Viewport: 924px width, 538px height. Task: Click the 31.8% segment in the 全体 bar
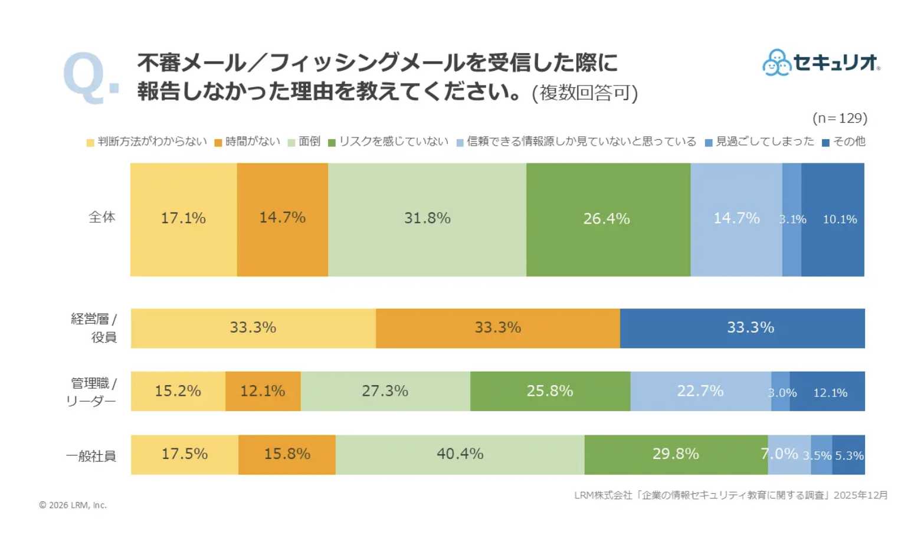click(x=427, y=219)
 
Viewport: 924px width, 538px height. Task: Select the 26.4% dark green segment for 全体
click(x=608, y=219)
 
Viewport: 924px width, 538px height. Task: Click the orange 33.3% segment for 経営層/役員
click(x=497, y=328)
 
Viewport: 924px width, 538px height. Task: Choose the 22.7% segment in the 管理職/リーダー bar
click(x=700, y=391)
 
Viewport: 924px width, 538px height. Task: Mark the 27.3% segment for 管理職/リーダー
click(x=385, y=391)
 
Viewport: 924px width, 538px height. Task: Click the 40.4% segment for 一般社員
click(x=460, y=454)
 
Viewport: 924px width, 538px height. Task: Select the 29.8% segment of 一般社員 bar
click(x=676, y=454)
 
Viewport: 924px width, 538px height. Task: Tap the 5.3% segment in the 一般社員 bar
click(x=848, y=455)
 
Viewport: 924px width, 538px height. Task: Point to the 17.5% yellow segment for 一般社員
click(x=185, y=454)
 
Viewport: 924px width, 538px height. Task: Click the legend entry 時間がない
click(x=247, y=142)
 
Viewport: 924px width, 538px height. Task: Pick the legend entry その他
click(x=844, y=142)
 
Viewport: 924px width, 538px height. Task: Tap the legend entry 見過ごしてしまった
click(x=760, y=142)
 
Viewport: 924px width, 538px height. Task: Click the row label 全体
click(x=102, y=217)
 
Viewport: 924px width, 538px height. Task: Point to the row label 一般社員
click(x=91, y=456)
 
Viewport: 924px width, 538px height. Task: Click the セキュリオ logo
click(x=821, y=63)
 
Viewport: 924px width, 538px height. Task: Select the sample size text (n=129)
click(x=840, y=118)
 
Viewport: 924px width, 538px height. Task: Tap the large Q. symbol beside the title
click(x=90, y=78)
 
